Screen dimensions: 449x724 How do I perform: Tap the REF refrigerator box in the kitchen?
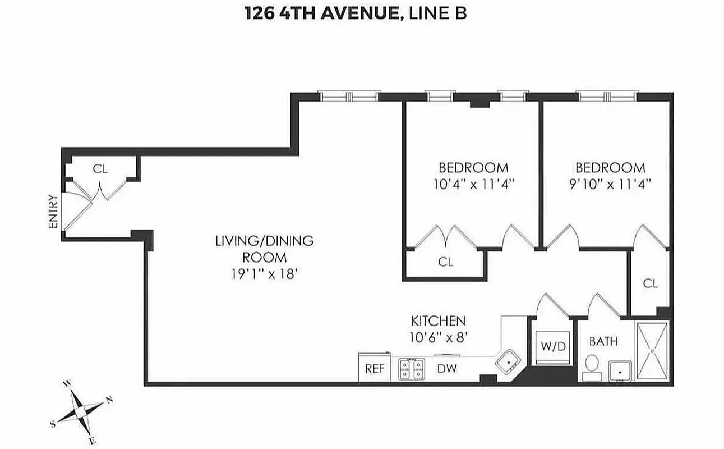click(x=374, y=369)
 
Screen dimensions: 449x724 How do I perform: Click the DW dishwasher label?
click(x=447, y=369)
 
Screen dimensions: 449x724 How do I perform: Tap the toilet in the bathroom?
click(x=590, y=367)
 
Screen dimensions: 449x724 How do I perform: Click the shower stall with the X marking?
click(x=652, y=351)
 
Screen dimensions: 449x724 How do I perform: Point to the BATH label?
click(x=603, y=341)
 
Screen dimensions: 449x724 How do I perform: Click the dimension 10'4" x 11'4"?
click(x=473, y=183)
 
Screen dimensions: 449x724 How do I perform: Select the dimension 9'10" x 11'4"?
click(x=610, y=183)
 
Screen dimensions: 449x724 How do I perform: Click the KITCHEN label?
click(x=438, y=321)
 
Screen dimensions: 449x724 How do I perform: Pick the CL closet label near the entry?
click(x=100, y=169)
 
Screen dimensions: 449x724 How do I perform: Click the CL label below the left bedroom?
click(x=445, y=262)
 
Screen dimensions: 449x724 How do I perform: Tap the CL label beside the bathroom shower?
click(x=650, y=283)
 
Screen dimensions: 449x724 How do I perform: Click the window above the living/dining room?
click(x=350, y=96)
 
